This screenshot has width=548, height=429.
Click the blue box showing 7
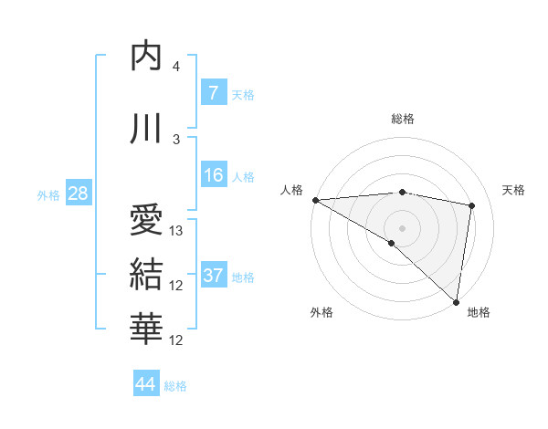(213, 93)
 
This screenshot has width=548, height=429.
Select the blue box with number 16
(213, 175)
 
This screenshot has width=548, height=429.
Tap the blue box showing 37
(213, 276)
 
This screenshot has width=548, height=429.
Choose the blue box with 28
(78, 194)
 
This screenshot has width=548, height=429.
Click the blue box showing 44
(146, 384)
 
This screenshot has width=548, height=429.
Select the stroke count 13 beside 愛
(177, 231)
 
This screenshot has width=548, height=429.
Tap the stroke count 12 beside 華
(177, 340)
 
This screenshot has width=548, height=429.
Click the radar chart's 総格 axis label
(402, 119)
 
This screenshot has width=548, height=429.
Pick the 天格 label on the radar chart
(513, 190)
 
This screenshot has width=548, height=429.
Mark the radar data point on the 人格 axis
(315, 199)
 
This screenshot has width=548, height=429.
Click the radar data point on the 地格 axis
(457, 301)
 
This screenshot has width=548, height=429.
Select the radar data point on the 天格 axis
(472, 205)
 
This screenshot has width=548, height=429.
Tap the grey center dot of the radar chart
(402, 226)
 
